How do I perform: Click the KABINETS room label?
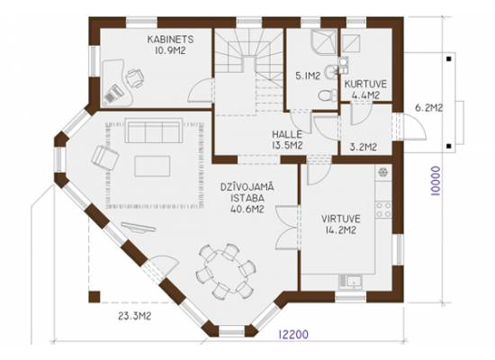click(x=170, y=40)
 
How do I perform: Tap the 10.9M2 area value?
click(x=170, y=50)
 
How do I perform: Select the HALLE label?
click(x=287, y=134)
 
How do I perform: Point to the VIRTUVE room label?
click(x=340, y=219)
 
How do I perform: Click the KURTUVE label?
click(x=365, y=84)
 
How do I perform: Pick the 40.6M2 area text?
click(x=247, y=209)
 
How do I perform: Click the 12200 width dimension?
click(x=293, y=334)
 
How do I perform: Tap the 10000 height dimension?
click(x=436, y=181)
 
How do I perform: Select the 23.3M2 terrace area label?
click(x=134, y=316)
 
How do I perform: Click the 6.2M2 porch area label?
click(x=428, y=108)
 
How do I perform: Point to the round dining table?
click(x=224, y=272)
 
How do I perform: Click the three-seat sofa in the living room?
click(x=155, y=130)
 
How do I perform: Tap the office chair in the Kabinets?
click(x=135, y=77)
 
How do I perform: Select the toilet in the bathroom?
click(x=328, y=94)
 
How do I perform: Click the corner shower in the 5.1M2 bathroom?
click(x=324, y=42)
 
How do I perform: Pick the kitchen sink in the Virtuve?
click(x=351, y=282)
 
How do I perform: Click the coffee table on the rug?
click(x=152, y=166)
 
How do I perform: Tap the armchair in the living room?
click(x=104, y=157)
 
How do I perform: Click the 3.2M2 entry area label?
click(x=364, y=147)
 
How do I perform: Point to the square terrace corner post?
click(x=94, y=297)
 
